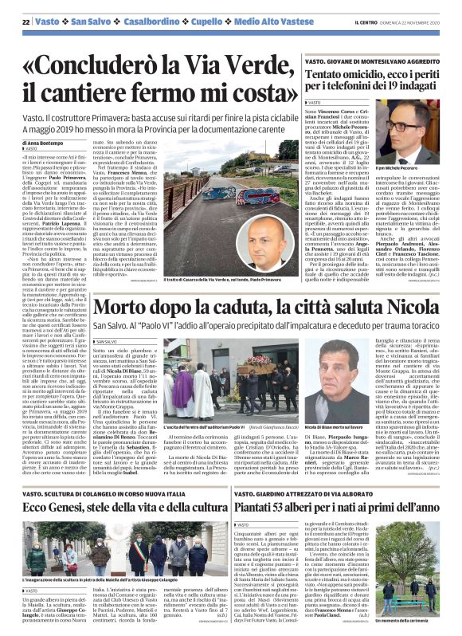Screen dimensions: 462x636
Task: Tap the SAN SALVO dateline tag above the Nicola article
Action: pyautogui.click(x=107, y=318)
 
